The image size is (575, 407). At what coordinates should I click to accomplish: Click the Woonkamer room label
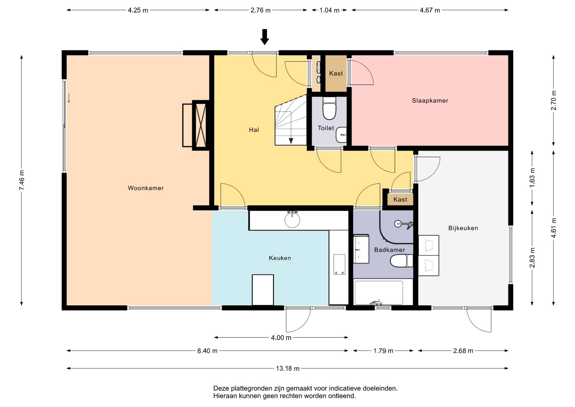coord(146,188)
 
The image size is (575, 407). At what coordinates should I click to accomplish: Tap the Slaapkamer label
coord(430,101)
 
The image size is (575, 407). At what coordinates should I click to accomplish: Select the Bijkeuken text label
coord(463,228)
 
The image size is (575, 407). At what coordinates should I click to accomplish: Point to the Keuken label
coord(280,258)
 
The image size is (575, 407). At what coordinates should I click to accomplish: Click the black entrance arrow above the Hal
coord(264,37)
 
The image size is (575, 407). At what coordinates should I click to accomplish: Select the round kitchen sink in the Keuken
coord(292,220)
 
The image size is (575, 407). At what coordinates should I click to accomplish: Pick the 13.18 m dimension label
coord(287,369)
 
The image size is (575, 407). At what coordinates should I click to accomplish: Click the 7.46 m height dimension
coord(22,180)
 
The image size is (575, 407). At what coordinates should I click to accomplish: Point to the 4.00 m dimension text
coord(281,338)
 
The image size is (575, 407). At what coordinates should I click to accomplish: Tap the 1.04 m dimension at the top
coord(329,10)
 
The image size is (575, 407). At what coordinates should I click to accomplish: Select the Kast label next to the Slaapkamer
coord(336,73)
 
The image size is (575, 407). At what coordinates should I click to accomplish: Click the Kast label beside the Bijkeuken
coord(400,200)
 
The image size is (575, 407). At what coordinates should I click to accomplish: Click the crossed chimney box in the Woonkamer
coord(200,125)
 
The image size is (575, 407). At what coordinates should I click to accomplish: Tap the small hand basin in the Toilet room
coord(341,135)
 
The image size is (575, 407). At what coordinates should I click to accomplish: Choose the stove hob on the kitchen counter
coord(339,264)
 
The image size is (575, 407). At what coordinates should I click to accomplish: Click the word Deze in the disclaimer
coord(221,388)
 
